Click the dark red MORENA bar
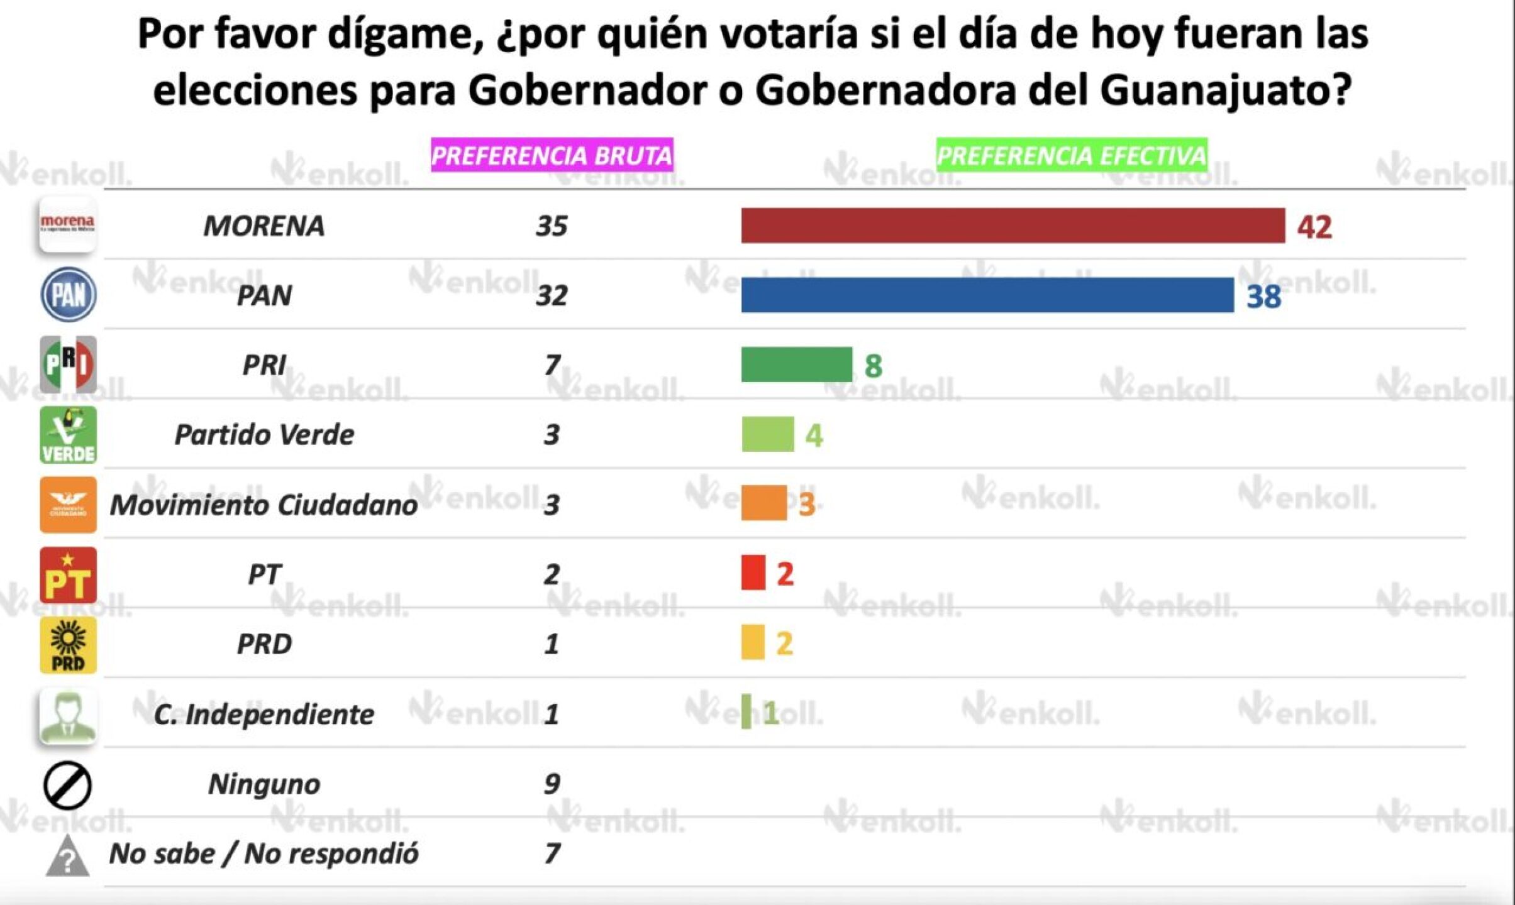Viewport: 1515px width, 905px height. pos(1013,226)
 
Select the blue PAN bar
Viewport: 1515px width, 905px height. pos(987,295)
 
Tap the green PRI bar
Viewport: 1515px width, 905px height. pos(796,365)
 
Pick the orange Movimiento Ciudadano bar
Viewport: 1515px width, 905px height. pos(763,503)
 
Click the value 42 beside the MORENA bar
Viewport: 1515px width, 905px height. pos(1314,227)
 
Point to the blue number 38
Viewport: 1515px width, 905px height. pos(1263,297)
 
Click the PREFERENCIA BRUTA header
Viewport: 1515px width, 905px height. pos(552,155)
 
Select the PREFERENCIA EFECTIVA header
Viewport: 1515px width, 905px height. pos(1072,155)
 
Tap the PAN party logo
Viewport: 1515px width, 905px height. pos(68,295)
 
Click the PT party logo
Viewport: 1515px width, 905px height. pos(68,575)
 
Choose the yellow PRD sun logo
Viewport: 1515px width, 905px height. pos(68,645)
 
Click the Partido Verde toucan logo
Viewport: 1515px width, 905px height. pos(68,435)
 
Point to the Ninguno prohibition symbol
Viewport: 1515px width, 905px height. pos(67,786)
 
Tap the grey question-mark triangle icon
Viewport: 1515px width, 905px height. pos(67,856)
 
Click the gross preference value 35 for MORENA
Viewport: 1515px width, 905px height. pos(552,226)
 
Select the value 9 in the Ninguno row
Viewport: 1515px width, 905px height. pos(552,784)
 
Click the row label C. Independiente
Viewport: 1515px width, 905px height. pos(264,715)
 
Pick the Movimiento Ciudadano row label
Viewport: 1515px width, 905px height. pos(264,505)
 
